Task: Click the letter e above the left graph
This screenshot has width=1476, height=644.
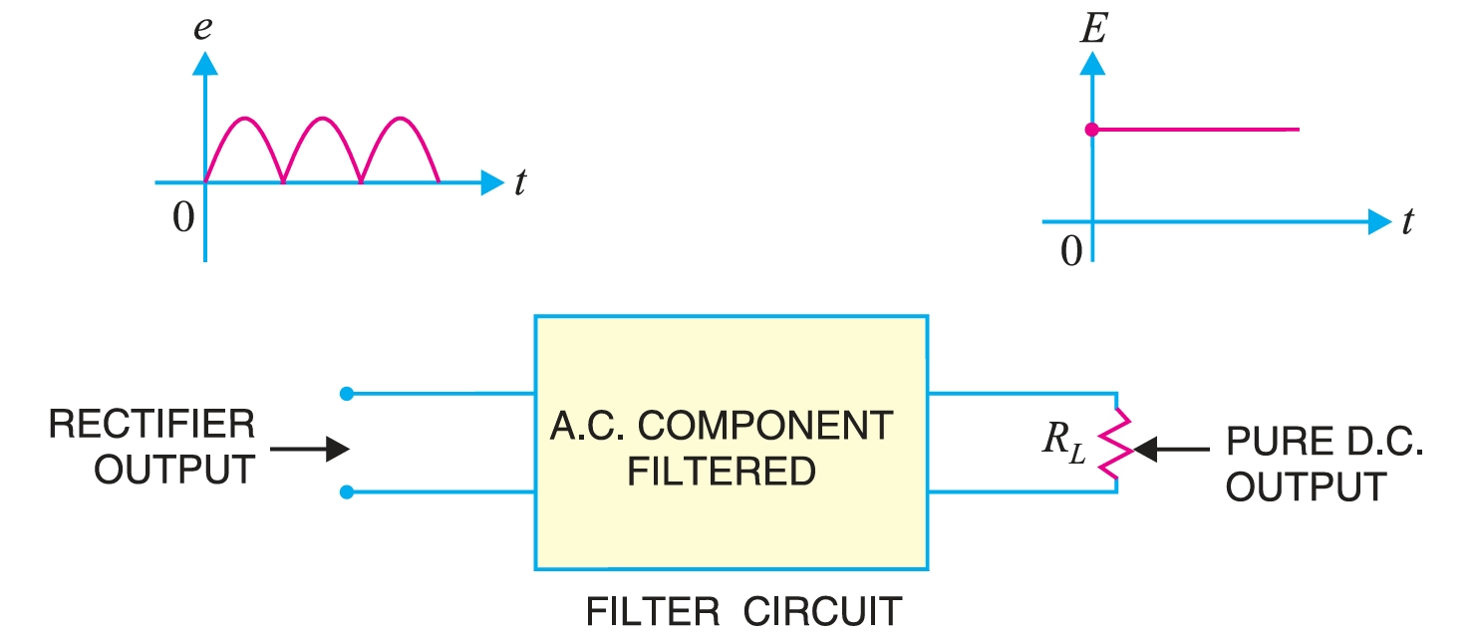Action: (202, 28)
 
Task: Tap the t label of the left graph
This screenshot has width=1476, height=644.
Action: (520, 184)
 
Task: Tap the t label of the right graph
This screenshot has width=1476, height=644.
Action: (1406, 223)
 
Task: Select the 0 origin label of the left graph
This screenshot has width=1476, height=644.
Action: (182, 217)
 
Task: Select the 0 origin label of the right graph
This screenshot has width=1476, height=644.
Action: (1070, 253)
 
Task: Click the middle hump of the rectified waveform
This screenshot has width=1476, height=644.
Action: (322, 121)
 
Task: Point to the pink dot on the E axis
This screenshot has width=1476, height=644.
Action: (1091, 130)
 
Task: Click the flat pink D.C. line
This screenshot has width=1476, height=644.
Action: (1196, 130)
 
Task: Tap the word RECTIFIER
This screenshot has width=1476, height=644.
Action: (151, 426)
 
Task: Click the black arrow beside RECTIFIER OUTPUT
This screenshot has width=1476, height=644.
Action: (310, 450)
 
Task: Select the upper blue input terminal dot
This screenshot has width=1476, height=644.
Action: (346, 394)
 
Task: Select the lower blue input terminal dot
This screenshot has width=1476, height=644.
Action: (346, 491)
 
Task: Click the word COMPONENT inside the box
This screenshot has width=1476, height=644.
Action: (764, 427)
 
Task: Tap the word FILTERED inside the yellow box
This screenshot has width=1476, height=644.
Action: (722, 472)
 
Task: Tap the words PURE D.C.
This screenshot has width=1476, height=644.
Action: (1324, 441)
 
